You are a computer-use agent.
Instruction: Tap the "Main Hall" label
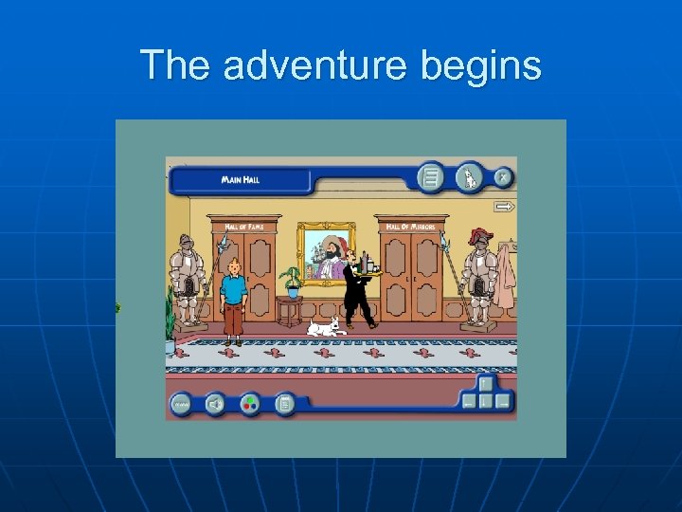point(242,179)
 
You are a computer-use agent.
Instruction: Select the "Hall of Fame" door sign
point(244,227)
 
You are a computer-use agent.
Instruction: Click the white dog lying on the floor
point(327,328)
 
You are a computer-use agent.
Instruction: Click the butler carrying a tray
point(359,290)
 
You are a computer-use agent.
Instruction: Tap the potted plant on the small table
point(292,280)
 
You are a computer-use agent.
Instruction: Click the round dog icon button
point(469,176)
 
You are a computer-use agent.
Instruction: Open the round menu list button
point(431,177)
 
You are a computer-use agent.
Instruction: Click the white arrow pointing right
point(504,206)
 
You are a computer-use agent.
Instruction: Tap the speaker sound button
point(215,405)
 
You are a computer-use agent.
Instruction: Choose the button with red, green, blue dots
point(250,405)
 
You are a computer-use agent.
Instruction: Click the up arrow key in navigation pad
point(486,384)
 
